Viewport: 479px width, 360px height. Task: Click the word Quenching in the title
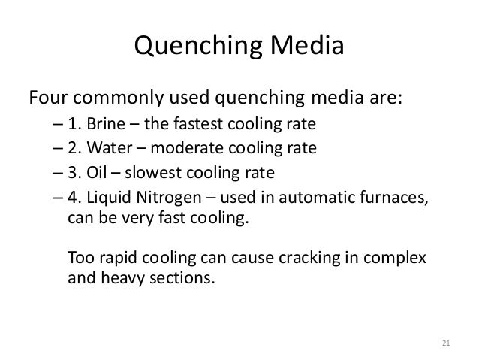(198, 46)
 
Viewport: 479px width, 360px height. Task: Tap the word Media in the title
(307, 45)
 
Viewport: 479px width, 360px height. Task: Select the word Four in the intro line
(48, 98)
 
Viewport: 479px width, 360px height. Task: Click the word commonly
(118, 98)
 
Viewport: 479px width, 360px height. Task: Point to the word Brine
(106, 124)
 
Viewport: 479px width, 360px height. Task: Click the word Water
(110, 148)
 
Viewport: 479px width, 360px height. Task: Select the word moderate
(187, 148)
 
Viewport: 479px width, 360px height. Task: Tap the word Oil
(97, 173)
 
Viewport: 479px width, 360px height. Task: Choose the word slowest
(153, 173)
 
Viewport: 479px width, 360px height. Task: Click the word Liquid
(109, 198)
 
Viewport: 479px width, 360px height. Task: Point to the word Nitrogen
(169, 198)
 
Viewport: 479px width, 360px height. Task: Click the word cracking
(309, 258)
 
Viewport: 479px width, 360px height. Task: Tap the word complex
(395, 259)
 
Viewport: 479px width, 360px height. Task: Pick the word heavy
(122, 279)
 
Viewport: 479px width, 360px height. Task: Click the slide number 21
(446, 343)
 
